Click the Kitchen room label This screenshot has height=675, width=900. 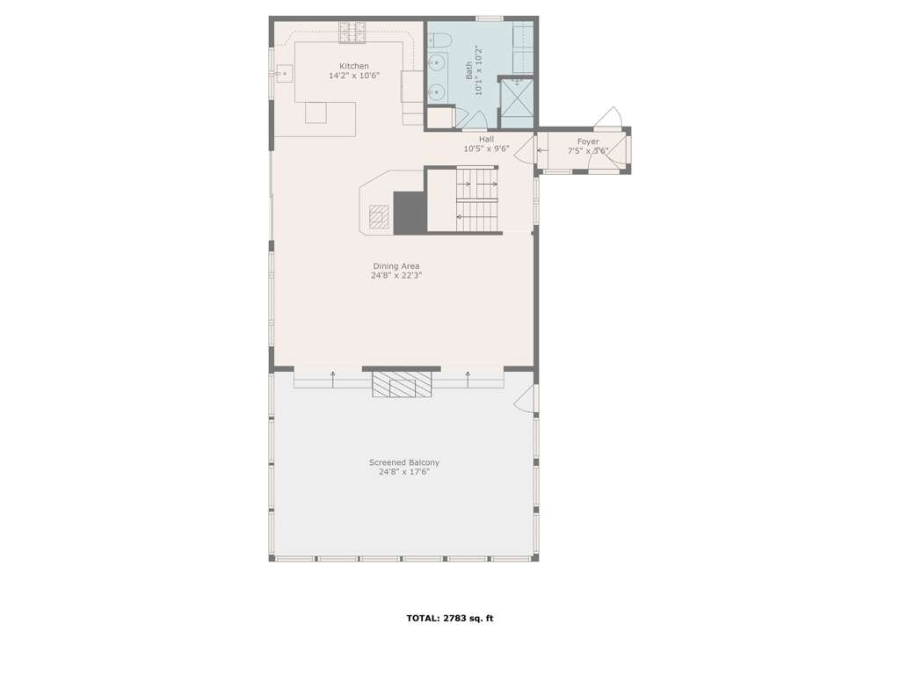tap(354, 66)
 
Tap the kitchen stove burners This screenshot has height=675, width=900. tap(352, 33)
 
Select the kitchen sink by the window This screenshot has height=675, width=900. tap(284, 74)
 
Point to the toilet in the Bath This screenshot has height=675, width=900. tap(440, 40)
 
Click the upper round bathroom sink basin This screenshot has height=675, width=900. tap(437, 61)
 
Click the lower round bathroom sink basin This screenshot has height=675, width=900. tap(437, 91)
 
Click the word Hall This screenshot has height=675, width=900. tap(486, 140)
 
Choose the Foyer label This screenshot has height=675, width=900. tap(588, 142)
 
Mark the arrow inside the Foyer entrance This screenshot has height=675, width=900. tap(541, 151)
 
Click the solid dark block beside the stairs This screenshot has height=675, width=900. tap(410, 213)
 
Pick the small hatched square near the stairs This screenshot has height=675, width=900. tap(378, 216)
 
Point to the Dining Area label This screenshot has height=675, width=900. tap(396, 266)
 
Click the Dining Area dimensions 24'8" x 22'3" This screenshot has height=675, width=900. tap(396, 275)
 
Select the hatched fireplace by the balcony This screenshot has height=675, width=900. tap(401, 384)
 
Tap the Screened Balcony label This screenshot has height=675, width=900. tap(404, 462)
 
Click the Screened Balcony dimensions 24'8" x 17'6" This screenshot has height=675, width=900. tap(404, 472)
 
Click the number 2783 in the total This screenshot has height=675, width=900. tap(454, 618)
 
